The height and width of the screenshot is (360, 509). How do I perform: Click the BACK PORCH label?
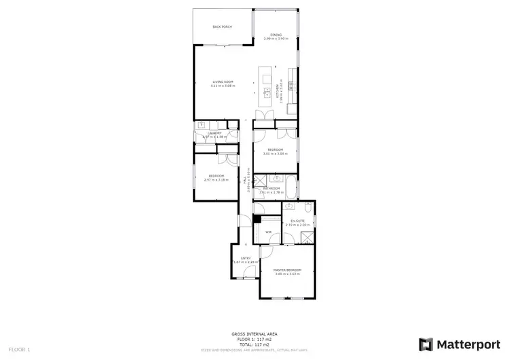(x=222, y=27)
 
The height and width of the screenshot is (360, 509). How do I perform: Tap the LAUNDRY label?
(x=214, y=133)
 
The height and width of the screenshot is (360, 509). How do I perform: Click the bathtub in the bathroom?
(x=291, y=185)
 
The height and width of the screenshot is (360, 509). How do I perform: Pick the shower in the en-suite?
(x=307, y=237)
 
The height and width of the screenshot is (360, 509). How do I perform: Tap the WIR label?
(x=268, y=232)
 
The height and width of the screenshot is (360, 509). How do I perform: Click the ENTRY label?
(x=246, y=258)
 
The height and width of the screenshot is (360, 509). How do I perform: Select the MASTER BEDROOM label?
(x=287, y=270)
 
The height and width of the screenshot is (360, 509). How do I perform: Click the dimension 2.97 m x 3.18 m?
(x=216, y=180)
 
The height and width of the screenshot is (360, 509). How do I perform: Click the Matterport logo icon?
(x=426, y=344)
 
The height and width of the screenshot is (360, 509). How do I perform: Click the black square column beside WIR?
(x=257, y=219)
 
